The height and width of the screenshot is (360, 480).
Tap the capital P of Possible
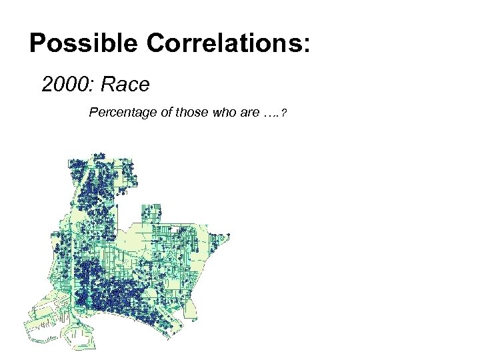click(x=37, y=44)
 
